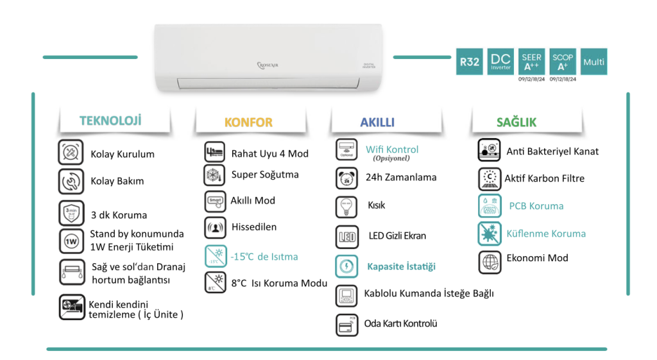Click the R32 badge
(469, 62)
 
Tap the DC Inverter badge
(500, 62)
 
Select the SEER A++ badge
(531, 62)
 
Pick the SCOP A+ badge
(563, 62)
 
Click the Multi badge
(593, 62)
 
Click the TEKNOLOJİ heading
(110, 121)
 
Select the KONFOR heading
(248, 122)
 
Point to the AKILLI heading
(377, 122)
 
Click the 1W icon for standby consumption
(70, 241)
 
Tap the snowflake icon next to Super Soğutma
(214, 175)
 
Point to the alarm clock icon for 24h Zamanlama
(346, 178)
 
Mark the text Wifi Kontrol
(392, 150)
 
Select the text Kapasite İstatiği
(401, 266)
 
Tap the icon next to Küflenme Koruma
(490, 234)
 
